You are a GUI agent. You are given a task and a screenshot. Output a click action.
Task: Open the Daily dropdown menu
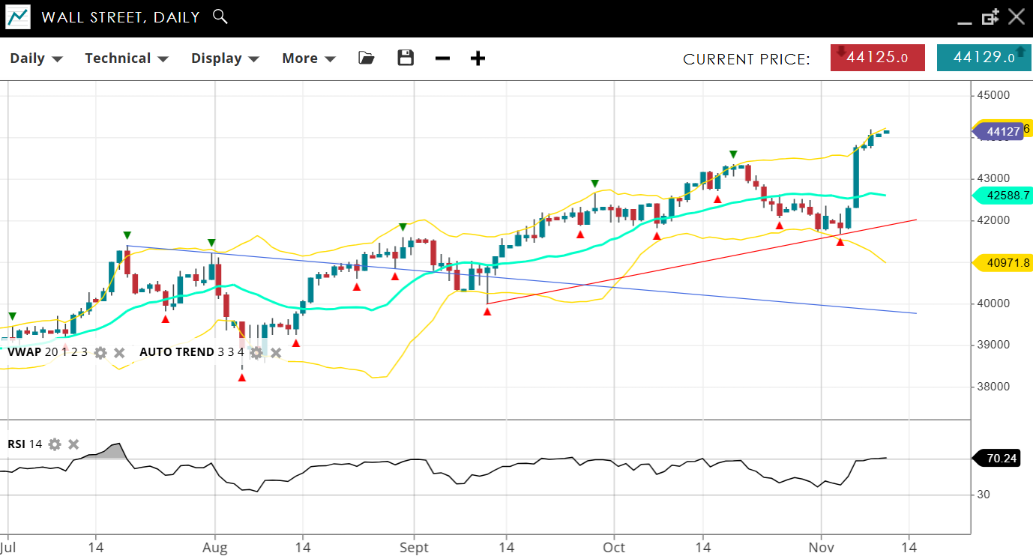click(35, 58)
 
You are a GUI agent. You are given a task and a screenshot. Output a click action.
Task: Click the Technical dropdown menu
click(126, 58)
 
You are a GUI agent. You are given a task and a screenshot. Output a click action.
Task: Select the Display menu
click(224, 58)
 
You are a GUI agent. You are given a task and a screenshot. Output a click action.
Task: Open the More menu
click(308, 58)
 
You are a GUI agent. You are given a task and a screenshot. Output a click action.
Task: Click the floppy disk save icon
click(406, 58)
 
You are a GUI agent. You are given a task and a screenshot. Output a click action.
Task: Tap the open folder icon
click(366, 58)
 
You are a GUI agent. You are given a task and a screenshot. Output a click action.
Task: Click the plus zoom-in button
click(478, 58)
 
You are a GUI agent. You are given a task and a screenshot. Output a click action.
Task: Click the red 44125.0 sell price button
click(877, 58)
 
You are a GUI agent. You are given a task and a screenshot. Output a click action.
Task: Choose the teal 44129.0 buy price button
click(984, 58)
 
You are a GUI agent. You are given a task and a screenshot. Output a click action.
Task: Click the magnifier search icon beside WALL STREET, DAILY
click(220, 16)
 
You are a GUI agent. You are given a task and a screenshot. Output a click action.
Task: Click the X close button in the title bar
click(1016, 16)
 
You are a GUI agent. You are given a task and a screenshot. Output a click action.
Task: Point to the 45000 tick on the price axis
click(993, 95)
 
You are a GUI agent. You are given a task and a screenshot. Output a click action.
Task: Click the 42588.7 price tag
click(1002, 196)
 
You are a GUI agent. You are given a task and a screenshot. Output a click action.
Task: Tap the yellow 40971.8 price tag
click(1002, 262)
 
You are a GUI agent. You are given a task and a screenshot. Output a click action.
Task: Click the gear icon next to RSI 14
click(55, 444)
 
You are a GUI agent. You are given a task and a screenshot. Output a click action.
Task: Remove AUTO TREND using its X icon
click(276, 352)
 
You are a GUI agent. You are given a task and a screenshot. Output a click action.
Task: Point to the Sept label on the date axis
click(413, 547)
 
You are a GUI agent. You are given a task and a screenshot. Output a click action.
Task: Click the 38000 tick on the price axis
click(993, 387)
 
